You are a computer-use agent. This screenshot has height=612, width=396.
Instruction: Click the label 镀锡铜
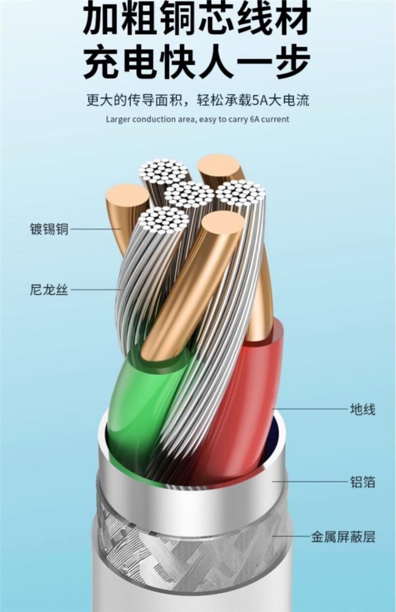[x=49, y=229]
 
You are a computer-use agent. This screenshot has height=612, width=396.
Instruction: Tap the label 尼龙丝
[x=49, y=290]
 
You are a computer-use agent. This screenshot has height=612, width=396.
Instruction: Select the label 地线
[x=363, y=409]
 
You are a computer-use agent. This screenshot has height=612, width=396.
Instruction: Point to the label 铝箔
[x=363, y=482]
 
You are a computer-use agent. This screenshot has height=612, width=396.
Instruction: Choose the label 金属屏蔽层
[x=343, y=536]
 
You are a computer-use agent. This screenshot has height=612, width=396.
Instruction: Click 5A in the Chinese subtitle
[x=259, y=101]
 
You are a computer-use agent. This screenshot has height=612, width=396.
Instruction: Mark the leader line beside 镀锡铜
[x=94, y=229]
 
